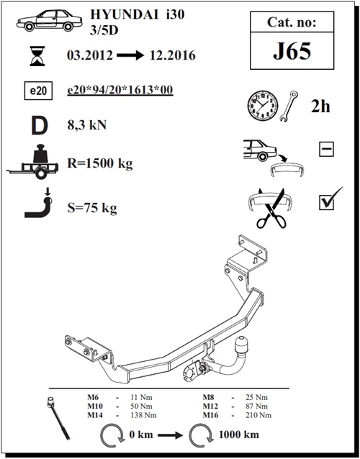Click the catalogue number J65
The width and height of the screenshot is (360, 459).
click(x=292, y=51)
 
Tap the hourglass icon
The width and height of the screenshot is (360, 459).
click(x=37, y=56)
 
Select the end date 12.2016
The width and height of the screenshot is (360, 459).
click(x=173, y=55)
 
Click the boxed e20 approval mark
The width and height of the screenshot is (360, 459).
click(x=38, y=91)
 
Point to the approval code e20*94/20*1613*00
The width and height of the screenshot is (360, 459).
click(x=120, y=90)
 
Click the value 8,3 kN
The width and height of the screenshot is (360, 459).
click(x=87, y=125)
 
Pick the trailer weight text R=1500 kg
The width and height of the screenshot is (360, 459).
click(x=100, y=163)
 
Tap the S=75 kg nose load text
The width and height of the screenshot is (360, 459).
click(x=92, y=208)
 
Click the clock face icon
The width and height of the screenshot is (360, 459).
click(x=263, y=105)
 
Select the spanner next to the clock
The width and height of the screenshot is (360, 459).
click(x=289, y=106)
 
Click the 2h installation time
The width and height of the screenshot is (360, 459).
click(x=320, y=106)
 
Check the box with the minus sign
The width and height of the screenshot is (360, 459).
click(x=326, y=149)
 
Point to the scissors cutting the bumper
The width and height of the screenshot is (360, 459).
click(x=271, y=209)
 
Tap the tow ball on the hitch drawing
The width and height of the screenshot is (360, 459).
click(x=242, y=344)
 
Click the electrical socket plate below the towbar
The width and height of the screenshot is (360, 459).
click(x=192, y=371)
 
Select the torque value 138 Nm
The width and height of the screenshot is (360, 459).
click(x=143, y=415)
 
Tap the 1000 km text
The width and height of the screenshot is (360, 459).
click(x=239, y=435)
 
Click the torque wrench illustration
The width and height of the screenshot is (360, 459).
click(x=58, y=418)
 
